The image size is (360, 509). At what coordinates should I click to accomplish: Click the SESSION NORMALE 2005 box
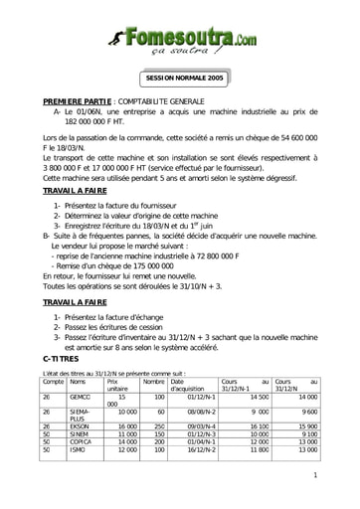tap(185, 78)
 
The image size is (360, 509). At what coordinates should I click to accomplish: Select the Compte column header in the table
tap(54, 382)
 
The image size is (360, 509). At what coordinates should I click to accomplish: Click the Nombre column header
tap(153, 382)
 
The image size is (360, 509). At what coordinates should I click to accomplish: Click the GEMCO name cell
tap(81, 397)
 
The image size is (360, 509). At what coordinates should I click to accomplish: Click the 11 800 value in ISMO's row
tap(258, 451)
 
